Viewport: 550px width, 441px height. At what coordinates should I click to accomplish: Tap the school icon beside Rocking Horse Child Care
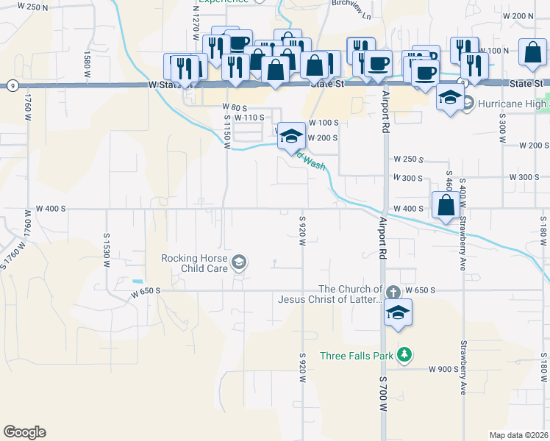pos(239,262)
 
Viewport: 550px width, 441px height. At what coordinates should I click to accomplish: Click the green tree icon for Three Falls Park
pos(403,356)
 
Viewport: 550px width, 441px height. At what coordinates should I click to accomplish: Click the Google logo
pos(24,432)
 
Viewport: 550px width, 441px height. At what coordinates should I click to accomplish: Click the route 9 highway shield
pos(14,85)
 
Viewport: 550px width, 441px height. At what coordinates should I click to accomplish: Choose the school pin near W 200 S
pos(292,135)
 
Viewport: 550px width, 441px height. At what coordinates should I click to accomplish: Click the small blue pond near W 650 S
pos(137,282)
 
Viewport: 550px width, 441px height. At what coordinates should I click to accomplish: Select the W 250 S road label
pos(408,159)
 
